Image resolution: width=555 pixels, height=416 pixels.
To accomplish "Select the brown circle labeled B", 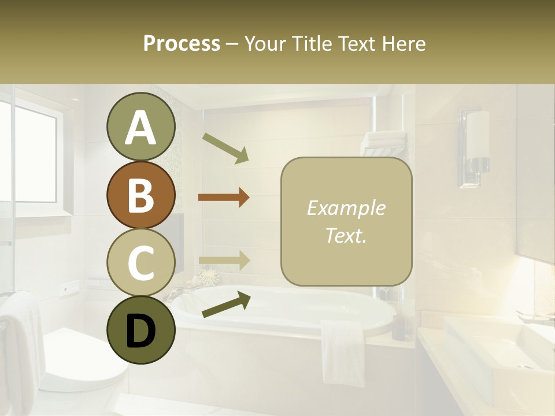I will [140, 195].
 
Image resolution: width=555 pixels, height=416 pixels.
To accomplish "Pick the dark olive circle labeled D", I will [140, 330].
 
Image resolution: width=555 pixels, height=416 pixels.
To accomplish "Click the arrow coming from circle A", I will [225, 148].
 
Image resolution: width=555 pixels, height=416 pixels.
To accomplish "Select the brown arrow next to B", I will [224, 198].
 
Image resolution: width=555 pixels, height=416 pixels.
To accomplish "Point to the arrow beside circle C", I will [224, 261].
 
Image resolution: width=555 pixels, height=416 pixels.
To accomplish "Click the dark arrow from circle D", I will [226, 304].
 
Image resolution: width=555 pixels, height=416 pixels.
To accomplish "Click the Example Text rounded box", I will [346, 221].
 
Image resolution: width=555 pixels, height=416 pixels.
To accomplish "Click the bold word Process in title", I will [182, 43].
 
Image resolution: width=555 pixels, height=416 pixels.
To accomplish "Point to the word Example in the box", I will [346, 208].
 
